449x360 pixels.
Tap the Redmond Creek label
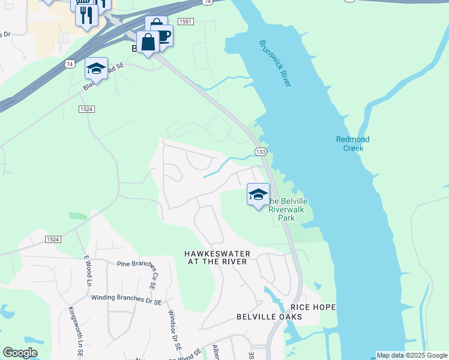click(x=352, y=143)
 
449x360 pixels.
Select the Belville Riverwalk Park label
click(x=287, y=209)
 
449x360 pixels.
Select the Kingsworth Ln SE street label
click(x=75, y=333)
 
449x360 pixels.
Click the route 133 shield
click(x=261, y=152)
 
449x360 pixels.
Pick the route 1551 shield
click(x=185, y=22)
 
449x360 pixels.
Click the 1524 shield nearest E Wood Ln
click(x=53, y=239)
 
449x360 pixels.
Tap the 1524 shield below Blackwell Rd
click(x=86, y=109)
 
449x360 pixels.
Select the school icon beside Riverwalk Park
click(x=259, y=194)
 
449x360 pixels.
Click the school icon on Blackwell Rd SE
click(x=96, y=68)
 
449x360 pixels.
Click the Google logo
click(x=20, y=353)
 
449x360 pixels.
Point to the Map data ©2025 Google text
click(x=412, y=355)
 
